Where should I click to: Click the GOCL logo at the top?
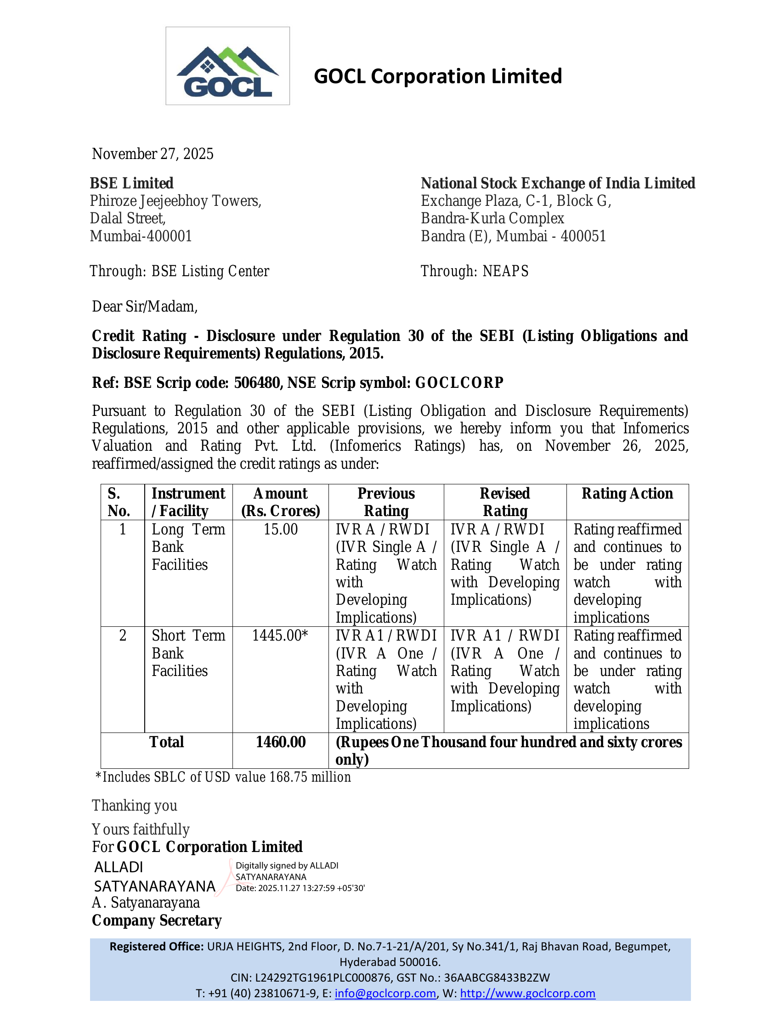227,66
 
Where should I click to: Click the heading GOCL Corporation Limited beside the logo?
437,76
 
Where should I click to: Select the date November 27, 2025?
153,153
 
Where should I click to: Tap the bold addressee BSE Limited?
131,183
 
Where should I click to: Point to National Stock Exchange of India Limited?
558,183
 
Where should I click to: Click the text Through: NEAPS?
474,271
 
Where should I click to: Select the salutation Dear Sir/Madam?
144,307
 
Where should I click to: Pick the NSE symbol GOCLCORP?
459,383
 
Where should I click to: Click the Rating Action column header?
627,494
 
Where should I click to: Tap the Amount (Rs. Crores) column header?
280,502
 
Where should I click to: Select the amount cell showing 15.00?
280,529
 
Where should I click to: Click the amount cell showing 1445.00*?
280,636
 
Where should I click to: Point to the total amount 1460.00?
280,742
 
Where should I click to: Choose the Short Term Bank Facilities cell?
188,653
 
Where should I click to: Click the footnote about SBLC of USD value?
223,777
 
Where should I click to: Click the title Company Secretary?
157,920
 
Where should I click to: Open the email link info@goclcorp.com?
385,993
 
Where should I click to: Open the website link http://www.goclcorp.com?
527,993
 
